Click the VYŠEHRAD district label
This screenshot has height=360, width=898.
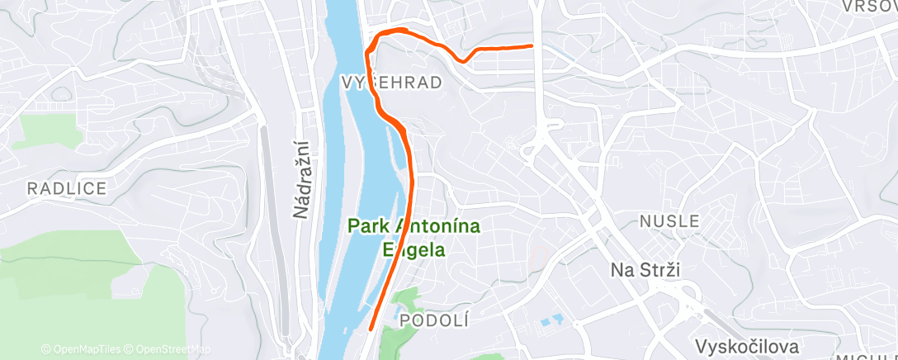(x=390, y=82)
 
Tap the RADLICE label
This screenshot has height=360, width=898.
(x=67, y=188)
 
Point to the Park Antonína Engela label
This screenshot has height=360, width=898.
(x=403, y=236)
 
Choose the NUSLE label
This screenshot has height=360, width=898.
(x=670, y=221)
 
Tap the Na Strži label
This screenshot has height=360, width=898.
(x=648, y=270)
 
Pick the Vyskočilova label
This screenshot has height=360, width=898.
(x=749, y=346)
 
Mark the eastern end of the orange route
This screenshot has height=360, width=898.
(x=532, y=46)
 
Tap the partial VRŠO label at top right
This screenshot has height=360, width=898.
(x=869, y=6)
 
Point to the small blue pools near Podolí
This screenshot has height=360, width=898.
(x=548, y=320)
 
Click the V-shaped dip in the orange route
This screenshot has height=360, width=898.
(x=464, y=60)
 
